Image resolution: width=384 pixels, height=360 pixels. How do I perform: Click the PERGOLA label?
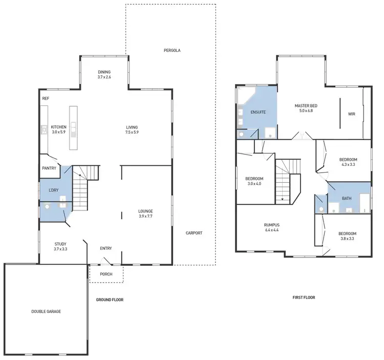173,50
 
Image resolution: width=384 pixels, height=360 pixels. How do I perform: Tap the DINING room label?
104,72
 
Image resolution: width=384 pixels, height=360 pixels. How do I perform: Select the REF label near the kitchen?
46,98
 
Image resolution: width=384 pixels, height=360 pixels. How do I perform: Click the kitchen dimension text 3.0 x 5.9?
58,132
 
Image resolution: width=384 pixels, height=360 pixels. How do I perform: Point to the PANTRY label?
49,168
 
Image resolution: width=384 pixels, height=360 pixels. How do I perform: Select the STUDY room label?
60,244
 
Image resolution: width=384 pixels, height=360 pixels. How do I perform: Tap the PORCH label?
106,274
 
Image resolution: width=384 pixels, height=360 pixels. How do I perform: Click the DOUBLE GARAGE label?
46,311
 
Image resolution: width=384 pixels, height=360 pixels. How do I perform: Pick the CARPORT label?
194,233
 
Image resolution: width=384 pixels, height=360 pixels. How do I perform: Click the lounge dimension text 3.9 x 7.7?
145,216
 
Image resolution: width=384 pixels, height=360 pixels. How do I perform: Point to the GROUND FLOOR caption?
110,300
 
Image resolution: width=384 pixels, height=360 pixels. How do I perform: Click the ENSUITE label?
258,112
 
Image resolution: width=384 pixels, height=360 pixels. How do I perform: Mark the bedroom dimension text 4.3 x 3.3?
348,165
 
